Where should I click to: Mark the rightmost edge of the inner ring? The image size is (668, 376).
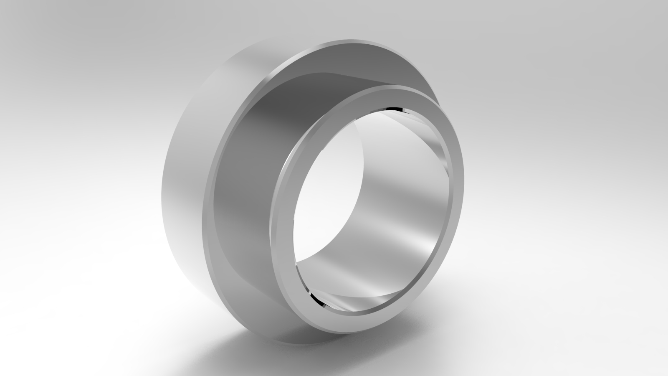[x=464, y=180]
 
